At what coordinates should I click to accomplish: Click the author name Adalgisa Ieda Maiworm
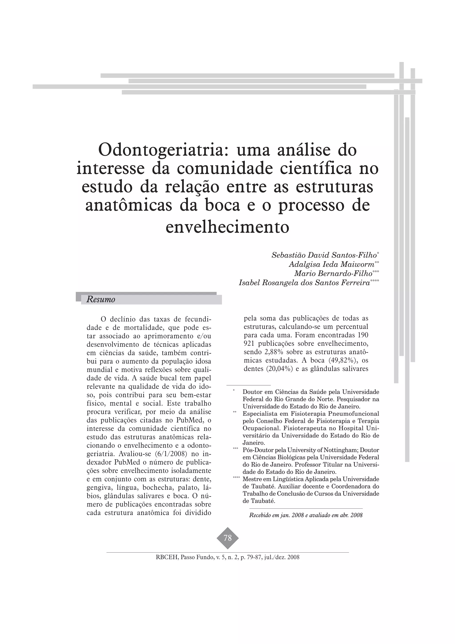[x=332, y=264]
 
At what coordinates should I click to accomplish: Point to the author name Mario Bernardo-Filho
[x=333, y=273]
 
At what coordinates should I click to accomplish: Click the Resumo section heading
[x=101, y=300]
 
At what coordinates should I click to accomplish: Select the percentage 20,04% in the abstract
[x=275, y=369]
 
